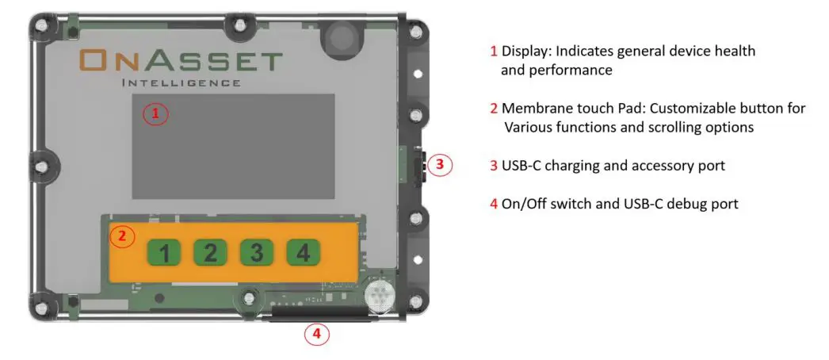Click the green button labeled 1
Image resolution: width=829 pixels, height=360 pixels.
tap(163, 253)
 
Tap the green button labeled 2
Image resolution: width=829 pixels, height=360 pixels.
tap(210, 253)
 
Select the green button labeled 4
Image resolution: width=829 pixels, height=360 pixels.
tap(302, 253)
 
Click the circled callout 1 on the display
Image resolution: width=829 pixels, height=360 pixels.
tap(155, 114)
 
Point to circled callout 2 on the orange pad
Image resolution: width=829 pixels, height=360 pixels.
tap(121, 236)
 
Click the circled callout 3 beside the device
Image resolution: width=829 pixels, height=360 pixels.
tap(441, 165)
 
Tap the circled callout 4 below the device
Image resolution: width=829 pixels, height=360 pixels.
tap(316, 334)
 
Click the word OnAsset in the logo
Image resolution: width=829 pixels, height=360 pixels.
tap(181, 61)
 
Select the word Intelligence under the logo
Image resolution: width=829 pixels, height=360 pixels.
tap(181, 82)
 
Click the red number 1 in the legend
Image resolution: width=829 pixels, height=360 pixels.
tap(494, 52)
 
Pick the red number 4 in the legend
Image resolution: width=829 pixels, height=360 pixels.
tap(494, 204)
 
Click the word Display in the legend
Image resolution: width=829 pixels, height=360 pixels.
tap(526, 52)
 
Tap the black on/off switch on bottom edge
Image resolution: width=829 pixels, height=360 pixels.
tap(320, 318)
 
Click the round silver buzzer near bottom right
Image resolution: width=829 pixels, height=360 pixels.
tap(380, 296)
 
